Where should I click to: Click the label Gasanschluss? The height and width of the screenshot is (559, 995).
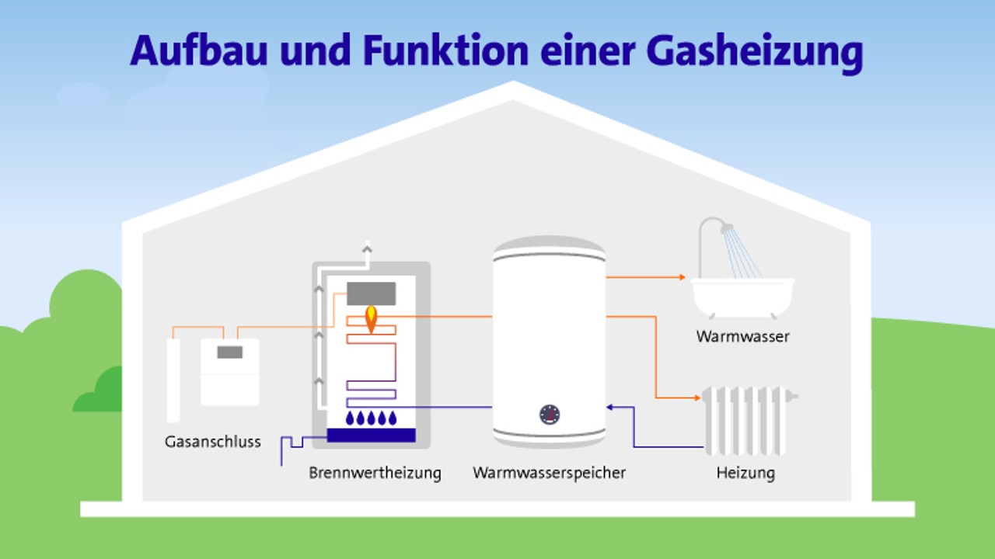click(213, 442)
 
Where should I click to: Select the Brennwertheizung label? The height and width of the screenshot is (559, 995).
click(375, 472)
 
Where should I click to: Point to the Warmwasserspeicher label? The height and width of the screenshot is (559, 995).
click(549, 472)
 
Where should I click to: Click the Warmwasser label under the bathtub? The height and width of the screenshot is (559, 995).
click(742, 336)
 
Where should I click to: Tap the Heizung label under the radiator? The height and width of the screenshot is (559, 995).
click(745, 472)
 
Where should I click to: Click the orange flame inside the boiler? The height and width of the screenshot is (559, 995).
click(372, 318)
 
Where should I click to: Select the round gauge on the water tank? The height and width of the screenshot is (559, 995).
click(550, 414)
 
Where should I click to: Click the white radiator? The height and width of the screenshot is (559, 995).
click(746, 419)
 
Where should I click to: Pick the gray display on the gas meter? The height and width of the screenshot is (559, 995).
click(229, 352)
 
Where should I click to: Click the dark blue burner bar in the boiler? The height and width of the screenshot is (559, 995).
click(372, 436)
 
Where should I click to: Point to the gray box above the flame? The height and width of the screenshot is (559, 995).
click(372, 293)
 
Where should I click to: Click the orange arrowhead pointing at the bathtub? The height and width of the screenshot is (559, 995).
click(682, 276)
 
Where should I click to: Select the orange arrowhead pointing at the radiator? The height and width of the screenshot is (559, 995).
click(696, 398)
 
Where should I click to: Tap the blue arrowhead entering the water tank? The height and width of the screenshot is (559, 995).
click(611, 406)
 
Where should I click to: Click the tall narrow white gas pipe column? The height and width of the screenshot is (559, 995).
click(173, 380)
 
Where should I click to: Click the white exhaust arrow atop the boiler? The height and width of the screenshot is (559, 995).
click(367, 248)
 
